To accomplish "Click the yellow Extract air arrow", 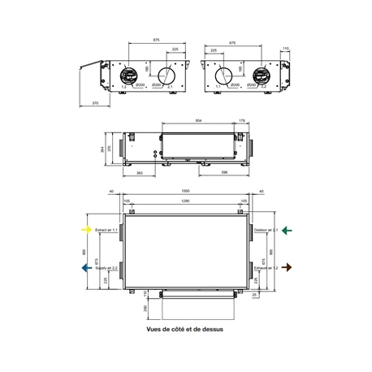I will (x=85, y=230).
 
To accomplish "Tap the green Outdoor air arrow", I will (x=286, y=230).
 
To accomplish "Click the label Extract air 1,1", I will (x=106, y=231).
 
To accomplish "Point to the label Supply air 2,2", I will (x=106, y=267).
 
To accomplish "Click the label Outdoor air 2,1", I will (x=266, y=231).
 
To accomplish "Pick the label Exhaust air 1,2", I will (x=266, y=267).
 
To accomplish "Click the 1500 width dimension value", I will (x=186, y=191).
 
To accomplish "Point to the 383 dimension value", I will (x=141, y=173).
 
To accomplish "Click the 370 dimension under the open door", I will (x=96, y=104).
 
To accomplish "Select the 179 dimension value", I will (x=242, y=121).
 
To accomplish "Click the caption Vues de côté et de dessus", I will (x=185, y=331).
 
